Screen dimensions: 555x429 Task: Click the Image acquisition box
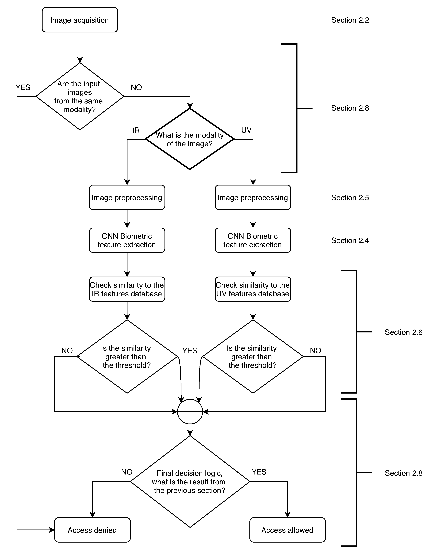80,20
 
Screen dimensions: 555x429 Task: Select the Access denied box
92,530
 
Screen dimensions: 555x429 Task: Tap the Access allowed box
287,530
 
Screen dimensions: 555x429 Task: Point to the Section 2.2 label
350,20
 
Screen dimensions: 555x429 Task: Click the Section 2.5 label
350,198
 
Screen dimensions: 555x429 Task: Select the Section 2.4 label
350,240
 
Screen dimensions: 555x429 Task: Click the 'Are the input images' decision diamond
80,97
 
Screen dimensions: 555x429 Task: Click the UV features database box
253,289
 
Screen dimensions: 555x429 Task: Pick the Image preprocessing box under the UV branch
253,198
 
